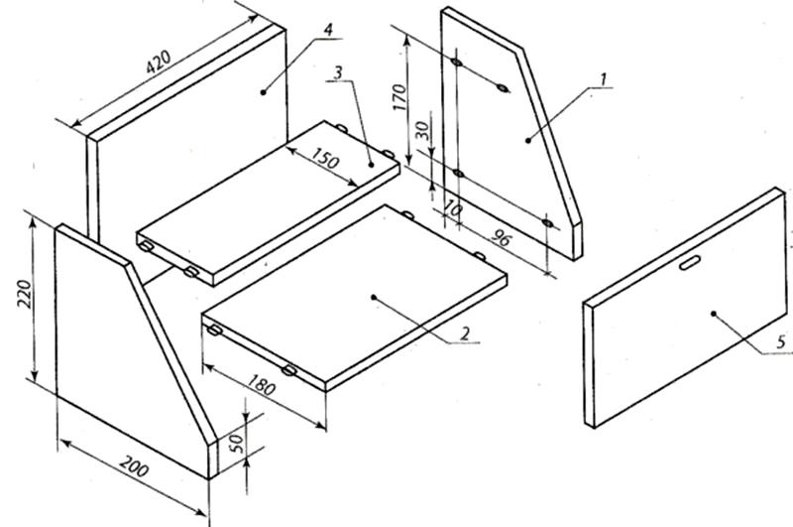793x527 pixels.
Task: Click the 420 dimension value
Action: point(159,62)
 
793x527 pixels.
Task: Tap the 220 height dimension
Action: point(24,294)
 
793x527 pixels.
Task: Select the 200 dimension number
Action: point(135,466)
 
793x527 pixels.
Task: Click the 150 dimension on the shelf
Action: point(324,158)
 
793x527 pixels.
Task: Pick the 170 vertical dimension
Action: point(399,97)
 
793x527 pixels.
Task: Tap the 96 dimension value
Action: point(501,237)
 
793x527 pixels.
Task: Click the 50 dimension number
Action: point(237,443)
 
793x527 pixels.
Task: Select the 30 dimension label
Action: point(423,131)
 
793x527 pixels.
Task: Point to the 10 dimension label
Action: point(452,209)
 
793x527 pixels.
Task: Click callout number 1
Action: point(603,79)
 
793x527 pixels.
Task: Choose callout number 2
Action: point(464,333)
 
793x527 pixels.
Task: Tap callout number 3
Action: point(337,72)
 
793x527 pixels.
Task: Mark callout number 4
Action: point(328,30)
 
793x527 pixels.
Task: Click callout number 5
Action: point(781,342)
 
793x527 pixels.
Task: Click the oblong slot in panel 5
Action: point(690,263)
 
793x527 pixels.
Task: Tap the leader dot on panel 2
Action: point(374,297)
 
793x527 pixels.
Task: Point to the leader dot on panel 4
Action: point(263,91)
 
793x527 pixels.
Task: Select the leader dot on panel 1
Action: point(528,140)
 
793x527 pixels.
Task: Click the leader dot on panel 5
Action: point(714,314)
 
